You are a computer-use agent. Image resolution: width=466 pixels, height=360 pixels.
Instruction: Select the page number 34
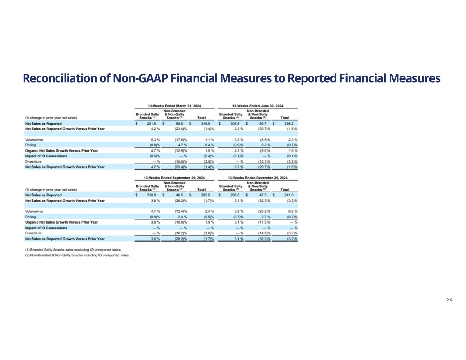point(449,300)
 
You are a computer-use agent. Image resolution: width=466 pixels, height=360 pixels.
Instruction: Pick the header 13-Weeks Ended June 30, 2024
point(257,106)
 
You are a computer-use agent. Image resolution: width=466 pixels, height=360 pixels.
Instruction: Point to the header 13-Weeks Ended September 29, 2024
point(174,178)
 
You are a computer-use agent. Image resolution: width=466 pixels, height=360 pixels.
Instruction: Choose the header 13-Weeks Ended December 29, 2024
point(257,178)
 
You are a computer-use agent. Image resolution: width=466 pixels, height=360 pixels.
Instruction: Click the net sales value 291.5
point(151,124)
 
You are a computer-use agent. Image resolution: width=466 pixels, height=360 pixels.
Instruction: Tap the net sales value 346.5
point(205,124)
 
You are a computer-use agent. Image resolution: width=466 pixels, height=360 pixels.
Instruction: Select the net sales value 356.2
point(289,124)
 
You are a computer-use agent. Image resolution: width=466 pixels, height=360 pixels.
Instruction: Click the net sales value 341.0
point(289,195)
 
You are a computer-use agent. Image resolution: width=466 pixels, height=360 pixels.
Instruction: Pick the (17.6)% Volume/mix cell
point(180,140)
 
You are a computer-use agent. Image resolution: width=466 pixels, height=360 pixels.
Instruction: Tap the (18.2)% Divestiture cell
point(180,233)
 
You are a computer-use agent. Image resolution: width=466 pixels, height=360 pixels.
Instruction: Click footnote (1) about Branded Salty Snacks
point(73,250)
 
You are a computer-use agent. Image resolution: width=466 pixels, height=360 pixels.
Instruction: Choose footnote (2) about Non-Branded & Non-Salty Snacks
point(77,255)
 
